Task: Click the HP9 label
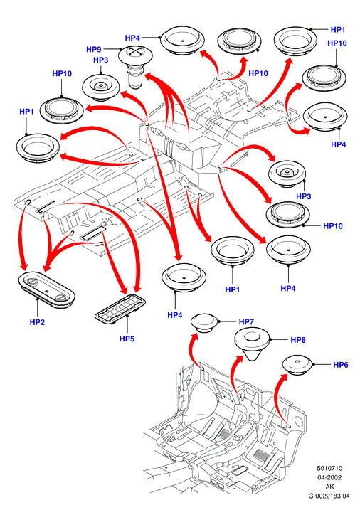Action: coord(93,49)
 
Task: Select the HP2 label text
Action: coord(37,322)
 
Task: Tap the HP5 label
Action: coord(127,339)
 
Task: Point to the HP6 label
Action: coord(341,365)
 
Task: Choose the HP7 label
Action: coord(246,321)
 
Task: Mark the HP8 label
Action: coord(298,340)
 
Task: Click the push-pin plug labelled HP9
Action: coord(135,67)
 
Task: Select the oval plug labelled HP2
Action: coord(46,289)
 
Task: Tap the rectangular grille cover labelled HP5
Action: coord(120,309)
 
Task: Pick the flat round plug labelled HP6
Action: coord(297,365)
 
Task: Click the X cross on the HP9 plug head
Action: coord(136,51)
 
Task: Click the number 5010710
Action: coord(329,468)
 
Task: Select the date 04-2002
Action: coord(329,478)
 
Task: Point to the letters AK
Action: coord(329,487)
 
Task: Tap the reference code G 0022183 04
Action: coord(329,496)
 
